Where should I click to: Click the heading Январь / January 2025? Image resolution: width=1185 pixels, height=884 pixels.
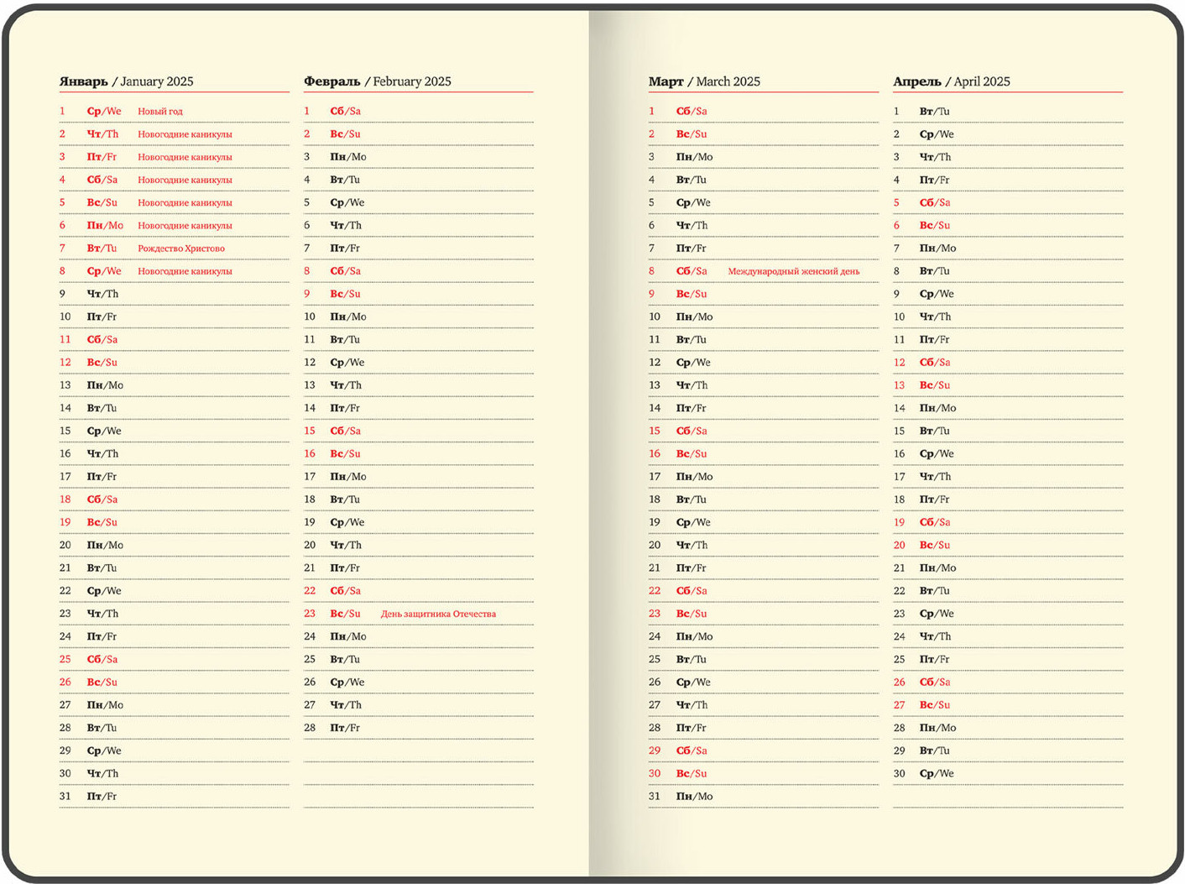pos(126,81)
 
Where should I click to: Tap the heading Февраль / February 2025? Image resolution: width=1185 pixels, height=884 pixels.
pos(377,81)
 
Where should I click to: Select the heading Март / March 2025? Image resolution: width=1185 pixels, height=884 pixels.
pos(703,81)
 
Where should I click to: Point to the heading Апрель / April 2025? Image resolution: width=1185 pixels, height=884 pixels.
pos(951,81)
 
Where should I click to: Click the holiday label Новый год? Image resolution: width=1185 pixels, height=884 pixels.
pos(159,111)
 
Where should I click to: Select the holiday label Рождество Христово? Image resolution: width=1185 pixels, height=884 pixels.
pos(180,248)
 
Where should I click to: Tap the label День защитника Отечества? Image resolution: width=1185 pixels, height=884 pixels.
pos(438,614)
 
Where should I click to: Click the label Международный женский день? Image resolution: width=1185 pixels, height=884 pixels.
pos(793,271)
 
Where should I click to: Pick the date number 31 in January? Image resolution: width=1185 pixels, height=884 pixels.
pos(65,796)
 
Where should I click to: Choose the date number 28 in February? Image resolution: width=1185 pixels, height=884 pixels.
pos(310,728)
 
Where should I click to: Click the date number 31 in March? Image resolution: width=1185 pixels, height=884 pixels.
pos(655,796)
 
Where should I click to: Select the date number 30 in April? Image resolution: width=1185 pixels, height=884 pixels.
pos(899,773)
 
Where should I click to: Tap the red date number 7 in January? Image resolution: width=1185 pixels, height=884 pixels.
pos(62,248)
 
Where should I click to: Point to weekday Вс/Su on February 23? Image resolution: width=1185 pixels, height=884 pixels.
pos(345,614)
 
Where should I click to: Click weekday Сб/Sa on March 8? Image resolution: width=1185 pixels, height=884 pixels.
pos(692,271)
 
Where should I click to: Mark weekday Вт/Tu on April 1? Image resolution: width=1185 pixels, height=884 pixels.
pos(934,111)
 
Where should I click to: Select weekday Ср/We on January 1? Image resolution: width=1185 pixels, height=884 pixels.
pos(104,111)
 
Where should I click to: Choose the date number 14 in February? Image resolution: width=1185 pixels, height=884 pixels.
pos(310,408)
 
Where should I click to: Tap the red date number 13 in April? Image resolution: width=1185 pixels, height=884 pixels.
pos(899,385)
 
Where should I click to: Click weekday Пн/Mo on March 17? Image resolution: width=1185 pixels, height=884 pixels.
pos(694,477)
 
